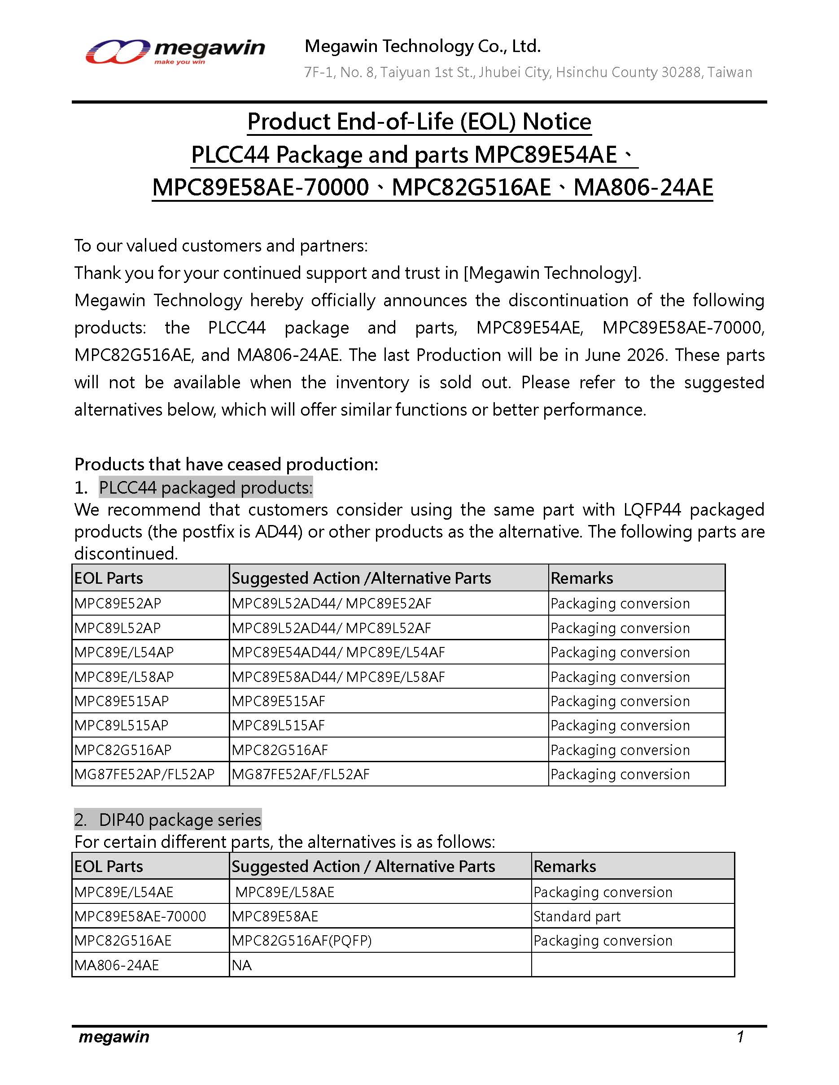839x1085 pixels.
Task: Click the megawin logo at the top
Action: (x=175, y=51)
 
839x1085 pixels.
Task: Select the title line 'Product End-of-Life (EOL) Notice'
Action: (x=419, y=122)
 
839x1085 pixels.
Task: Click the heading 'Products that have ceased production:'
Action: (x=226, y=464)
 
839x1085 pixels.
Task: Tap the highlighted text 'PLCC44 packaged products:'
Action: (x=206, y=488)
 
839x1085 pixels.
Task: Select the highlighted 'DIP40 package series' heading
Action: (x=179, y=820)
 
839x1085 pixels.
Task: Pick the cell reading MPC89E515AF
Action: (x=278, y=701)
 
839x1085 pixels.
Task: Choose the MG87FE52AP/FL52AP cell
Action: (x=144, y=774)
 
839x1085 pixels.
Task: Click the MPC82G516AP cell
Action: (x=123, y=750)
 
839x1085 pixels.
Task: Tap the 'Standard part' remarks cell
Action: (x=577, y=916)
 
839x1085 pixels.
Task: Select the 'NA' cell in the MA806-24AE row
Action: (x=241, y=965)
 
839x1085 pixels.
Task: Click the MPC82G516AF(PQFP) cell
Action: (x=301, y=941)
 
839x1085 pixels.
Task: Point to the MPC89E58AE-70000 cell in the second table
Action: (x=140, y=916)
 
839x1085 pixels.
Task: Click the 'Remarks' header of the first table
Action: (x=581, y=578)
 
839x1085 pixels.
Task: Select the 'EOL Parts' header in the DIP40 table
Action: (x=109, y=866)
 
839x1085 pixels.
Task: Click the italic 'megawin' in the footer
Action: (x=114, y=1037)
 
